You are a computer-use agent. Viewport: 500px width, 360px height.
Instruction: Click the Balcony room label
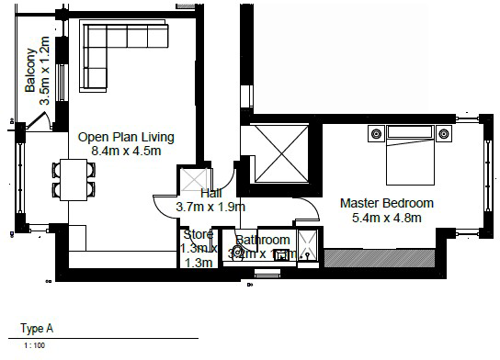(x=30, y=71)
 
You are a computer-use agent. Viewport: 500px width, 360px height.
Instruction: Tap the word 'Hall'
(x=210, y=194)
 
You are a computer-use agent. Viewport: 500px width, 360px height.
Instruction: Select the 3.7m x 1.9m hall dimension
(x=210, y=208)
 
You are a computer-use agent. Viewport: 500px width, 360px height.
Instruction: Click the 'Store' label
(x=198, y=235)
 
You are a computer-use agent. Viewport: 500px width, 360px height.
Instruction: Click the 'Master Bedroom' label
(x=386, y=203)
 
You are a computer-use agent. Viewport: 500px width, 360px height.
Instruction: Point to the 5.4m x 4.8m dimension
(x=386, y=218)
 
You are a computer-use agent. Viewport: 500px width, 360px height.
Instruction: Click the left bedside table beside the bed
(x=375, y=135)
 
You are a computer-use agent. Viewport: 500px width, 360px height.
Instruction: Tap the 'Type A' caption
(x=37, y=327)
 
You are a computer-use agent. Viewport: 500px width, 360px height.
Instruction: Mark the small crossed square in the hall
(x=195, y=181)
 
